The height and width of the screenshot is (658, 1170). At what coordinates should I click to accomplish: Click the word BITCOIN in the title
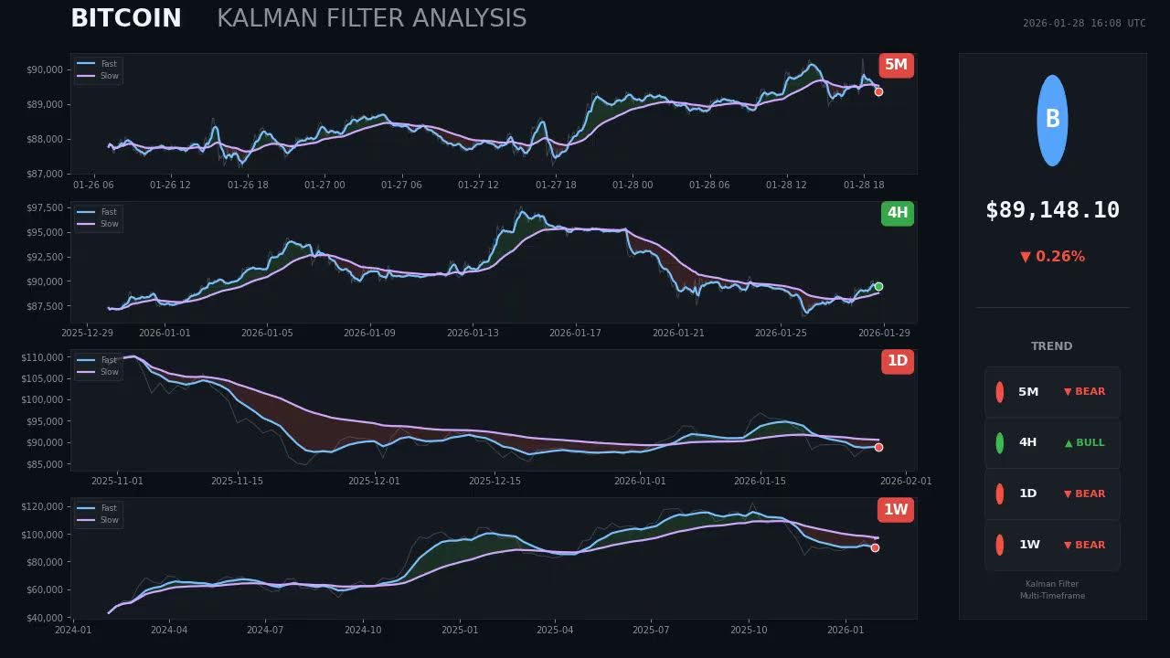click(126, 18)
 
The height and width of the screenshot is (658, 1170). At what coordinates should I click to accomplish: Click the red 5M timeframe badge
click(896, 65)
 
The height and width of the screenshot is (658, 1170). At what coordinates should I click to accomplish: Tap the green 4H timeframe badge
click(897, 213)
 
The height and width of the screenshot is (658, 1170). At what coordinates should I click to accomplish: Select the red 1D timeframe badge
click(897, 361)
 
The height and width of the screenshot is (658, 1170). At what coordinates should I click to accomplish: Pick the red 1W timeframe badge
click(896, 509)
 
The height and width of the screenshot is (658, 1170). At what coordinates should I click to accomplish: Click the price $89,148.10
click(1052, 210)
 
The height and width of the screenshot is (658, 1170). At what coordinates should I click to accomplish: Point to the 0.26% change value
click(1060, 257)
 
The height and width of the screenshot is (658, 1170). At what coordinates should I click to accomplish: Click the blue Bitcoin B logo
click(1052, 120)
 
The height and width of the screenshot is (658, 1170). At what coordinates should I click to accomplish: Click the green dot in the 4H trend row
click(999, 442)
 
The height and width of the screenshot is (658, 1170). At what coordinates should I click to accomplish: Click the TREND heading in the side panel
click(1051, 346)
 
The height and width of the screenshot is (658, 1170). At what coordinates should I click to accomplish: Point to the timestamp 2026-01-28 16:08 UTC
click(1083, 24)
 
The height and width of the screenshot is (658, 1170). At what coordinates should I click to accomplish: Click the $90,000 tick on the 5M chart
click(45, 69)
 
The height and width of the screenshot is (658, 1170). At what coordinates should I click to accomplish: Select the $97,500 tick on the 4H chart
click(45, 208)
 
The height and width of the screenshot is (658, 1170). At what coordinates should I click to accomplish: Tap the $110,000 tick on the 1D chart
click(43, 356)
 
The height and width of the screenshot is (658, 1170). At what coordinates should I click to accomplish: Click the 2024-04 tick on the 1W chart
click(168, 630)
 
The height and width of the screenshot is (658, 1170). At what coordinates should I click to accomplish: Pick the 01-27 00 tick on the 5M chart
click(324, 185)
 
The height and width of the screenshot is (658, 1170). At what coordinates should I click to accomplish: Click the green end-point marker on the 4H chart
click(878, 286)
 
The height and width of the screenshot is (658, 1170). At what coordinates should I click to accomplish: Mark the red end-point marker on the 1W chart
click(875, 547)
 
